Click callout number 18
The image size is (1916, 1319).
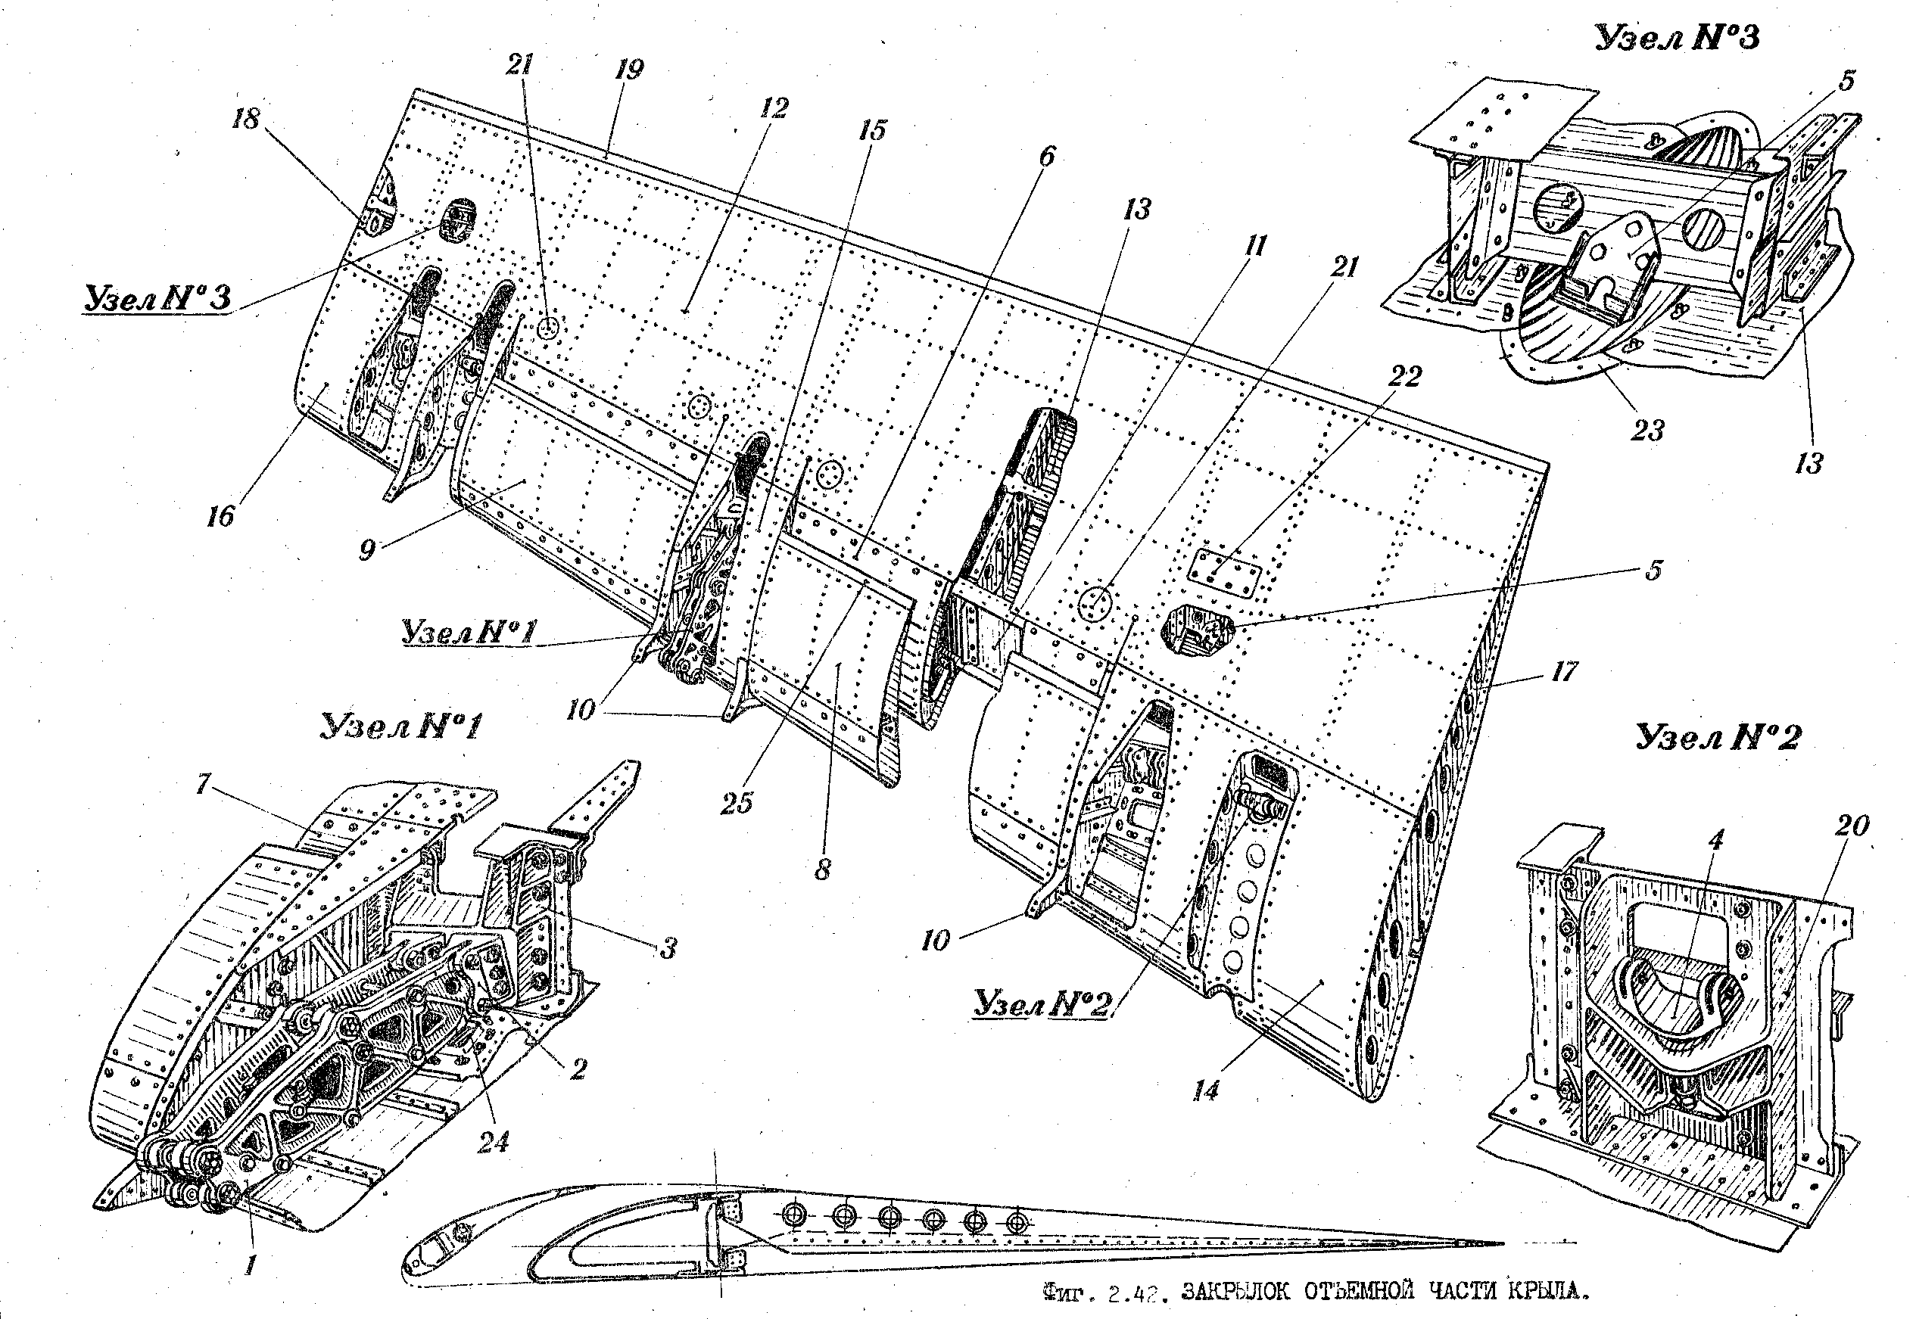point(246,119)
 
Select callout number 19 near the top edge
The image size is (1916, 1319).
point(629,69)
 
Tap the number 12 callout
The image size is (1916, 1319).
point(774,107)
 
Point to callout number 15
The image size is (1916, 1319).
point(871,129)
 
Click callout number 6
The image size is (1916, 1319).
point(1046,156)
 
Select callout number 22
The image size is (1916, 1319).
point(1404,376)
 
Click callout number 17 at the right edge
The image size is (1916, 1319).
point(1564,672)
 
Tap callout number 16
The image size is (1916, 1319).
point(221,518)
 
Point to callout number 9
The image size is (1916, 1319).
point(367,549)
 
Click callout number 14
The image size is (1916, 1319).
point(1206,1091)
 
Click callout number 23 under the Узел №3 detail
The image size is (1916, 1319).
point(1647,431)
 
